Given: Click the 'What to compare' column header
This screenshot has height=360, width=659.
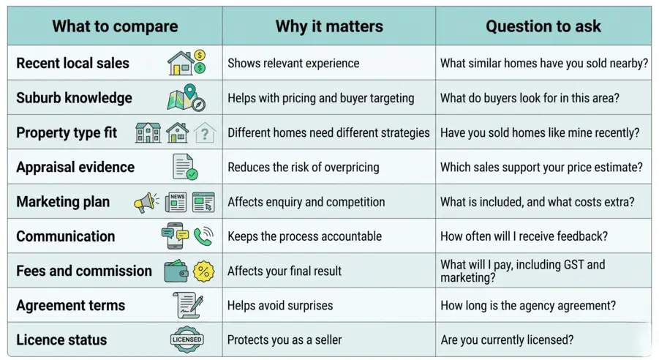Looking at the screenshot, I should pos(115,27).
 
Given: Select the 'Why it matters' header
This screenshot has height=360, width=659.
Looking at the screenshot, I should pos(329,27).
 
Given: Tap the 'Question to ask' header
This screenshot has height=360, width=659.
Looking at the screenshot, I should pos(543,27).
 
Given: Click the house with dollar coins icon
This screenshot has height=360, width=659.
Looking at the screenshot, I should pos(187,63).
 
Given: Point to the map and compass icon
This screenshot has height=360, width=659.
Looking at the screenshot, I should pos(187,97).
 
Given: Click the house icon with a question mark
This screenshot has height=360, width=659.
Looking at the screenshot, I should pos(206,132).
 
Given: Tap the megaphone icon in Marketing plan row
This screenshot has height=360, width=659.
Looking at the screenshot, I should pos(146,202).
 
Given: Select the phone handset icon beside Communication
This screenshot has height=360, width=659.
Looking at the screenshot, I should pos(203,236).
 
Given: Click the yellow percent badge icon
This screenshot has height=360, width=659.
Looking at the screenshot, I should pos(203,271).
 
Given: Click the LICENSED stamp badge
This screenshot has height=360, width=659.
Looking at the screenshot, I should pos(187,340).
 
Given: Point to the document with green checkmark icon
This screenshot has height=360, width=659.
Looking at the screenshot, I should pos(185,167).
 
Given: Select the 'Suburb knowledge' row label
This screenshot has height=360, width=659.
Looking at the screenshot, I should pos(74,98).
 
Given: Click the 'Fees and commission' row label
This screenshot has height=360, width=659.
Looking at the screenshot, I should pos(84,271).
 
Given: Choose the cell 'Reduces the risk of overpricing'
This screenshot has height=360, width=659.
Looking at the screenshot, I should pos(303,167).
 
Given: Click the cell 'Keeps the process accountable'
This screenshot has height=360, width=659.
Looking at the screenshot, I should pos(304,236).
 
